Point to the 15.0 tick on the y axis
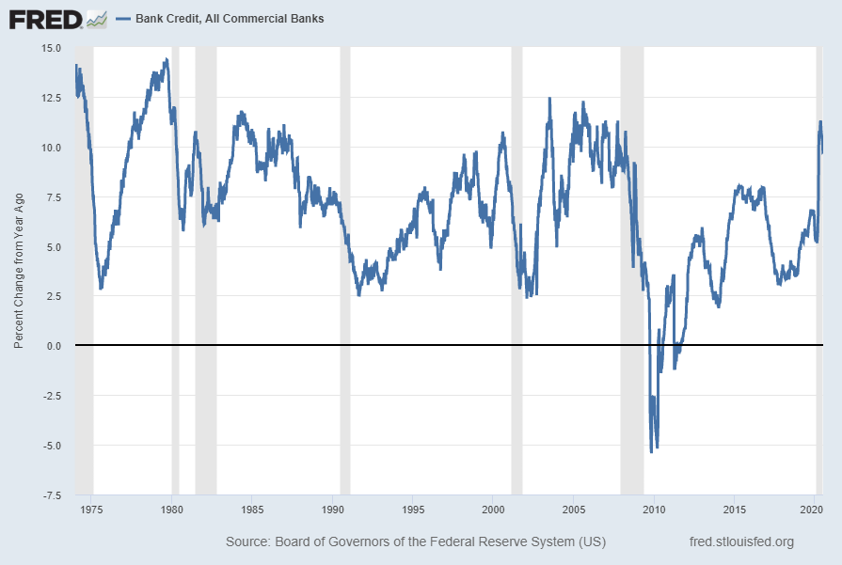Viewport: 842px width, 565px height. tap(51, 48)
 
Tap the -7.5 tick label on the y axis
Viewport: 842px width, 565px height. tap(51, 494)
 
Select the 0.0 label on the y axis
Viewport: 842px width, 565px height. tap(54, 346)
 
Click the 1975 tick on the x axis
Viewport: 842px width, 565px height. tap(91, 509)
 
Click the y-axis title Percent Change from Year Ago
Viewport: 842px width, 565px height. tap(19, 271)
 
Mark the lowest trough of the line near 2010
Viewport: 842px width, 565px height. tap(651, 452)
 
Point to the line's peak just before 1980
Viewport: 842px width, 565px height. tap(167, 60)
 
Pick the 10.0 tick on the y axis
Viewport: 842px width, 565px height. tap(51, 148)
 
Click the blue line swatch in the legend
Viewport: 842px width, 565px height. tap(122, 19)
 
